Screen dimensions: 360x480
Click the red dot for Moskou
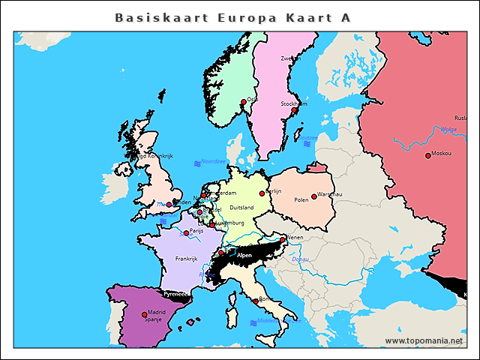[427, 156]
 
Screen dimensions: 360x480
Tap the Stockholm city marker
[295, 110]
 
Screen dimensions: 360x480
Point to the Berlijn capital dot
[262, 193]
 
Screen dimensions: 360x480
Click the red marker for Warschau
[314, 196]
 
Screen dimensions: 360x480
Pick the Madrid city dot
[145, 315]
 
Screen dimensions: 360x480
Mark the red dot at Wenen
[283, 240]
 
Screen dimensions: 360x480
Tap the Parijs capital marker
[186, 233]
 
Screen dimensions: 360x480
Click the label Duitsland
[241, 207]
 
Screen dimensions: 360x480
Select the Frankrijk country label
[186, 259]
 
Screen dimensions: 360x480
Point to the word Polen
[301, 200]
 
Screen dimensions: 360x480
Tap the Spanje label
[153, 319]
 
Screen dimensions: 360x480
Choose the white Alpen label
[244, 256]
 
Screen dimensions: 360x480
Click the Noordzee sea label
[213, 161]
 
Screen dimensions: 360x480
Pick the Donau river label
[300, 259]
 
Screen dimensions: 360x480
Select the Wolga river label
[448, 129]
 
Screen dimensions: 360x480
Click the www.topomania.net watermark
[424, 340]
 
